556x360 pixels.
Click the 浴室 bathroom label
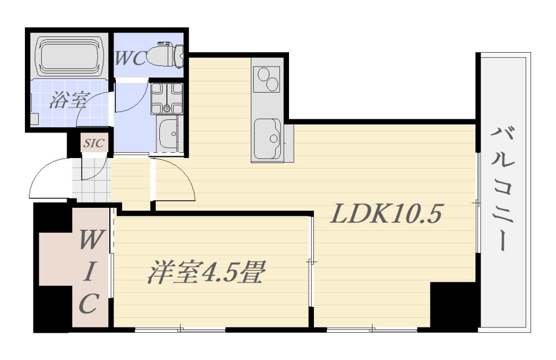tap(68, 101)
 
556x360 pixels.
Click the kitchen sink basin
tap(268, 137)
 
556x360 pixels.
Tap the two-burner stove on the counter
tap(268, 79)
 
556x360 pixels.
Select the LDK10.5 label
tap(386, 215)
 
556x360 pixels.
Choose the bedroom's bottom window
tap(180, 330)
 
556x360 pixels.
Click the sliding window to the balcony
tap(478, 203)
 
